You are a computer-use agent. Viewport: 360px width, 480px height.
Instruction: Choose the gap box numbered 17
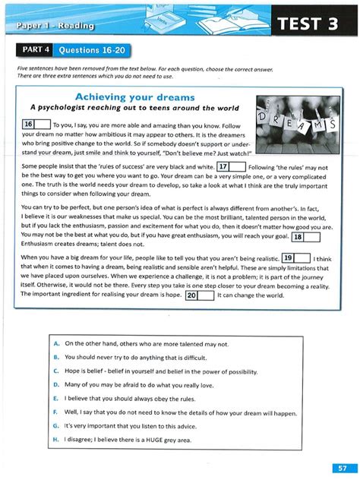[x=229, y=166]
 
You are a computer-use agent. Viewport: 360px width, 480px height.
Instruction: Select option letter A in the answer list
[x=57, y=344]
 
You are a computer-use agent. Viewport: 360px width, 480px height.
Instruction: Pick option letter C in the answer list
[x=57, y=370]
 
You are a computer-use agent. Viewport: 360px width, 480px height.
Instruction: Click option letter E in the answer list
[x=57, y=396]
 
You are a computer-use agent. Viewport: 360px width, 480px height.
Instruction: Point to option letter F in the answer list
[x=57, y=410]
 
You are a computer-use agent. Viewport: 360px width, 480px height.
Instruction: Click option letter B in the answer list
[x=57, y=357]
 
